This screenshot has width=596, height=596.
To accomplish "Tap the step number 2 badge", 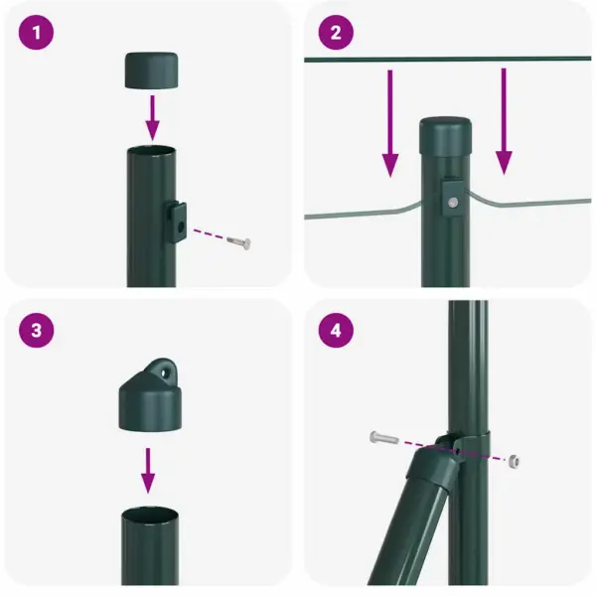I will pyautogui.click(x=336, y=33).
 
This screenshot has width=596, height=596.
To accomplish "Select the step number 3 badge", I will pyautogui.click(x=36, y=331).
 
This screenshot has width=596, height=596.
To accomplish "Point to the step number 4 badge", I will pyautogui.click(x=336, y=331).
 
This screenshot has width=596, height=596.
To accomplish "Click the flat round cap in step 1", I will pyautogui.click(x=152, y=71).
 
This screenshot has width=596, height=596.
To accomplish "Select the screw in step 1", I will pyautogui.click(x=239, y=242).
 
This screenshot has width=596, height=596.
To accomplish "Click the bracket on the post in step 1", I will pyautogui.click(x=178, y=220).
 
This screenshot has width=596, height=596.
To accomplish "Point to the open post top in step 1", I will pyautogui.click(x=151, y=151).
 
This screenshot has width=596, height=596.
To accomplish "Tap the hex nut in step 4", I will pyautogui.click(x=513, y=461).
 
